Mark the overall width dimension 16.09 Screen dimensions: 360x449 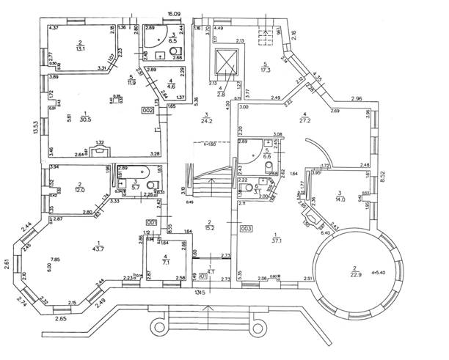point(173,14)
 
